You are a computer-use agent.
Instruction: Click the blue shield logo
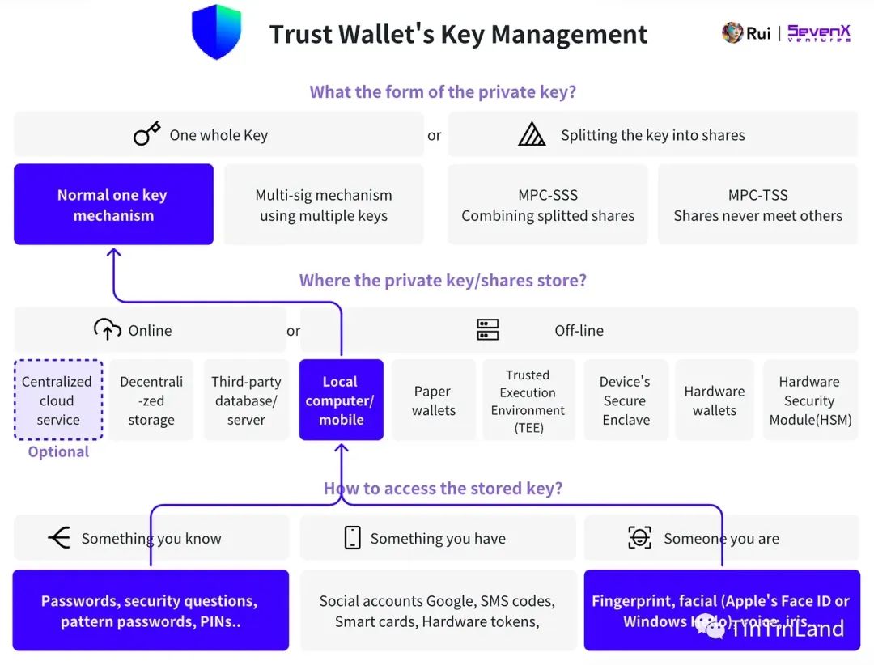click(217, 32)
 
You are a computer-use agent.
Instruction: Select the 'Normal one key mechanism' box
click(113, 205)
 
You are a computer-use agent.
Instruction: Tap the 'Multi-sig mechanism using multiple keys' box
click(324, 205)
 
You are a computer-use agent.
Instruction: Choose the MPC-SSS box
click(548, 205)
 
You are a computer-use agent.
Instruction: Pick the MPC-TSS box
click(757, 205)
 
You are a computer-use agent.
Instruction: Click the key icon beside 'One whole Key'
click(146, 134)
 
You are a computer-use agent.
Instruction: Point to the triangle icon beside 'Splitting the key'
click(532, 134)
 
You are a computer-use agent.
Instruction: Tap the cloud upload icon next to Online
click(107, 329)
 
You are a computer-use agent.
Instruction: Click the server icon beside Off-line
click(488, 330)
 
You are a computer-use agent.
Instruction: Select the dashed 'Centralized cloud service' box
click(58, 400)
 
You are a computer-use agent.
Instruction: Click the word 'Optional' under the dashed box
click(58, 452)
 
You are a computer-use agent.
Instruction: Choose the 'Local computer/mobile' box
click(341, 400)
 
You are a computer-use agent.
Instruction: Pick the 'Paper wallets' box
click(434, 400)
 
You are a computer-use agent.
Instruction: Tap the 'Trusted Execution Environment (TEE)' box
click(528, 400)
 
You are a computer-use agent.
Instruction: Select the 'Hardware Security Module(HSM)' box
click(809, 400)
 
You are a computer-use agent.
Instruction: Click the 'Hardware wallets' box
click(715, 400)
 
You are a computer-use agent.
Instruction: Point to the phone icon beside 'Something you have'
click(352, 538)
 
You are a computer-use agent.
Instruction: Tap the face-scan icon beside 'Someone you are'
click(640, 538)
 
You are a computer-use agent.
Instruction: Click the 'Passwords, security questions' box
click(151, 611)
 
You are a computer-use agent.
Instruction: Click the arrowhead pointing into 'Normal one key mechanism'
click(114, 254)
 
